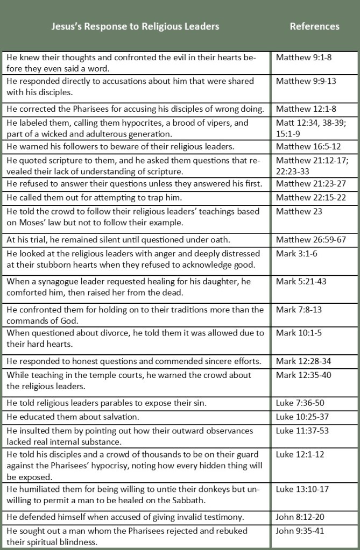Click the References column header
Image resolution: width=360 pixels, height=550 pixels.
click(x=314, y=26)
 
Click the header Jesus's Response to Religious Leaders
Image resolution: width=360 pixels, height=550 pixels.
click(x=135, y=26)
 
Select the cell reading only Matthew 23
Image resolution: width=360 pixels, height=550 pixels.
click(x=299, y=211)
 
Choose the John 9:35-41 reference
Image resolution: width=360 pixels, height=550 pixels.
click(x=299, y=531)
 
